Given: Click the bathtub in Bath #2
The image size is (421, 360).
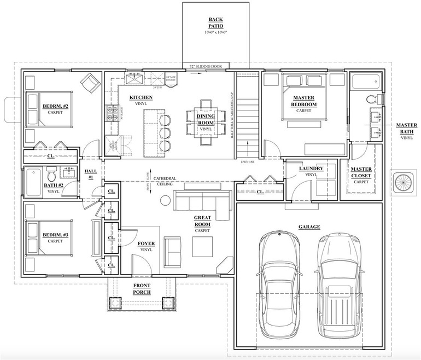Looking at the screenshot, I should (31, 181).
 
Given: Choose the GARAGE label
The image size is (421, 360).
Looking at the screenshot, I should (309, 227).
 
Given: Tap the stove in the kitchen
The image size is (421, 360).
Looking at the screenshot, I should (112, 113).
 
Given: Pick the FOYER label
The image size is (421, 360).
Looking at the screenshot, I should (146, 246).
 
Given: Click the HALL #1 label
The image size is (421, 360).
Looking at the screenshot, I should (91, 175).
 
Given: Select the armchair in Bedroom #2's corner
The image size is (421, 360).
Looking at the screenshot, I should (90, 83).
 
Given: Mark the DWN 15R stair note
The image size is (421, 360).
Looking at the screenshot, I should (248, 162).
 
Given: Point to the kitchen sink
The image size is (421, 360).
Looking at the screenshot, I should (134, 80).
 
